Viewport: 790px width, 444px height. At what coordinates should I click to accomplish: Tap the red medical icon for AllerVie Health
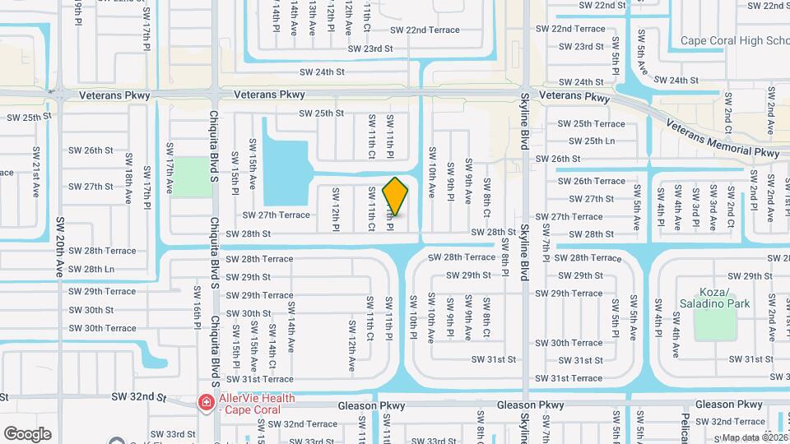click(x=205, y=403)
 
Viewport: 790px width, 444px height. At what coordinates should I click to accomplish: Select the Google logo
click(x=27, y=433)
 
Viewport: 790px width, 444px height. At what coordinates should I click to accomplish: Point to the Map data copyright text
click(x=755, y=437)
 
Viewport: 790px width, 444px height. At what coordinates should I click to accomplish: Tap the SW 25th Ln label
click(x=587, y=141)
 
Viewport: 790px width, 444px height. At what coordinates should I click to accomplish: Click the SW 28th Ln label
click(x=91, y=269)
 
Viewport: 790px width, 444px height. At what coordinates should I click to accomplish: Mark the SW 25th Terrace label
click(x=592, y=123)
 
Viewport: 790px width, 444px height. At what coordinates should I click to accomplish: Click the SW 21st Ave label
click(x=35, y=169)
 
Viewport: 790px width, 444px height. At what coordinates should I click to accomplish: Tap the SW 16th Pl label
click(x=197, y=304)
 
